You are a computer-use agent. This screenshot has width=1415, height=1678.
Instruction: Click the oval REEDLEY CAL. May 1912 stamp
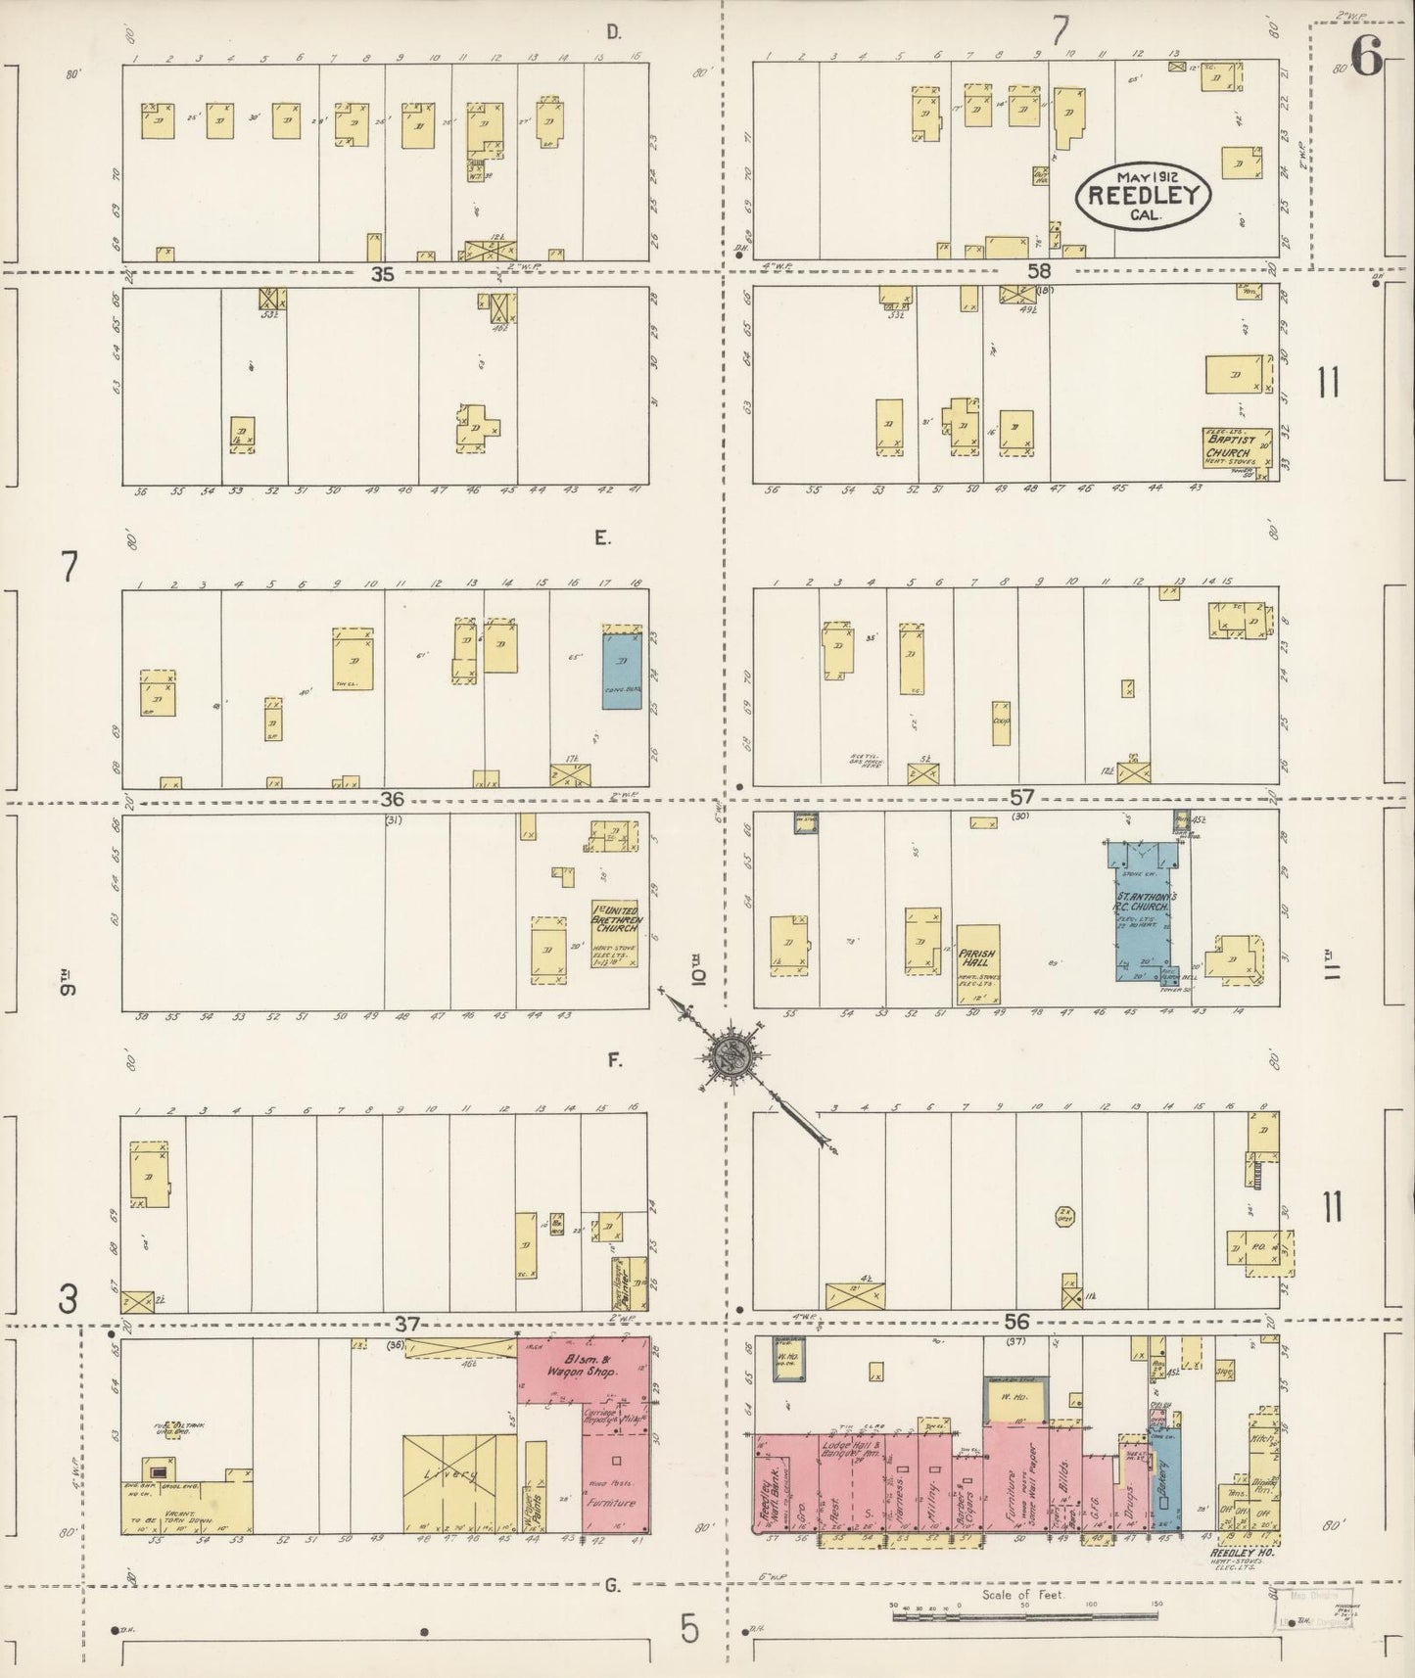coord(1143,195)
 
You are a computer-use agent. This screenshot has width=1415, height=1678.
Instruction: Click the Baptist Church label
coord(1234,445)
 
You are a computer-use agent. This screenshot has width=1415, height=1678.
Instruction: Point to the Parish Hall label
coord(976,956)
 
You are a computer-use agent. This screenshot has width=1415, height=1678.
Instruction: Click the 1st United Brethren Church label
coord(615,918)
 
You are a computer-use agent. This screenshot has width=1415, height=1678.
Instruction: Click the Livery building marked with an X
coord(458,1476)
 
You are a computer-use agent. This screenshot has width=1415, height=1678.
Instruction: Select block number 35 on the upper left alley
coord(382,275)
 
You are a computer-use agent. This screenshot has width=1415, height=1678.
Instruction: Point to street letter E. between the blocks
coord(601,537)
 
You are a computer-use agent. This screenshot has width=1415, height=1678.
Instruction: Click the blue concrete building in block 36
coord(623,666)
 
